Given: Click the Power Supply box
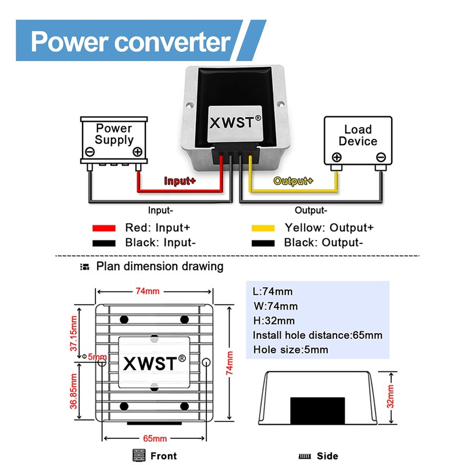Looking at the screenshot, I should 114,139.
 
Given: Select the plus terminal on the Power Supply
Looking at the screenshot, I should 137,152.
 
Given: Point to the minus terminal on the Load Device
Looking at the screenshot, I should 381,157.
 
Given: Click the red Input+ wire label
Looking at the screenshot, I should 180,181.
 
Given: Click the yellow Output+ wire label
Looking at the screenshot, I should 293,181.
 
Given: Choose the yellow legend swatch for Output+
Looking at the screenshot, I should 263,228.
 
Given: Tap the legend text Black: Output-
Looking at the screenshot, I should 323,243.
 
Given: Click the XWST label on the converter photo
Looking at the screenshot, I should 235,123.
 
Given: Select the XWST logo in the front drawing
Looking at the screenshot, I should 155,363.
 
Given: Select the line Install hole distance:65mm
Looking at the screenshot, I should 317,335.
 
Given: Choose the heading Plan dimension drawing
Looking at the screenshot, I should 159,267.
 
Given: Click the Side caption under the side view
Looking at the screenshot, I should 327,456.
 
